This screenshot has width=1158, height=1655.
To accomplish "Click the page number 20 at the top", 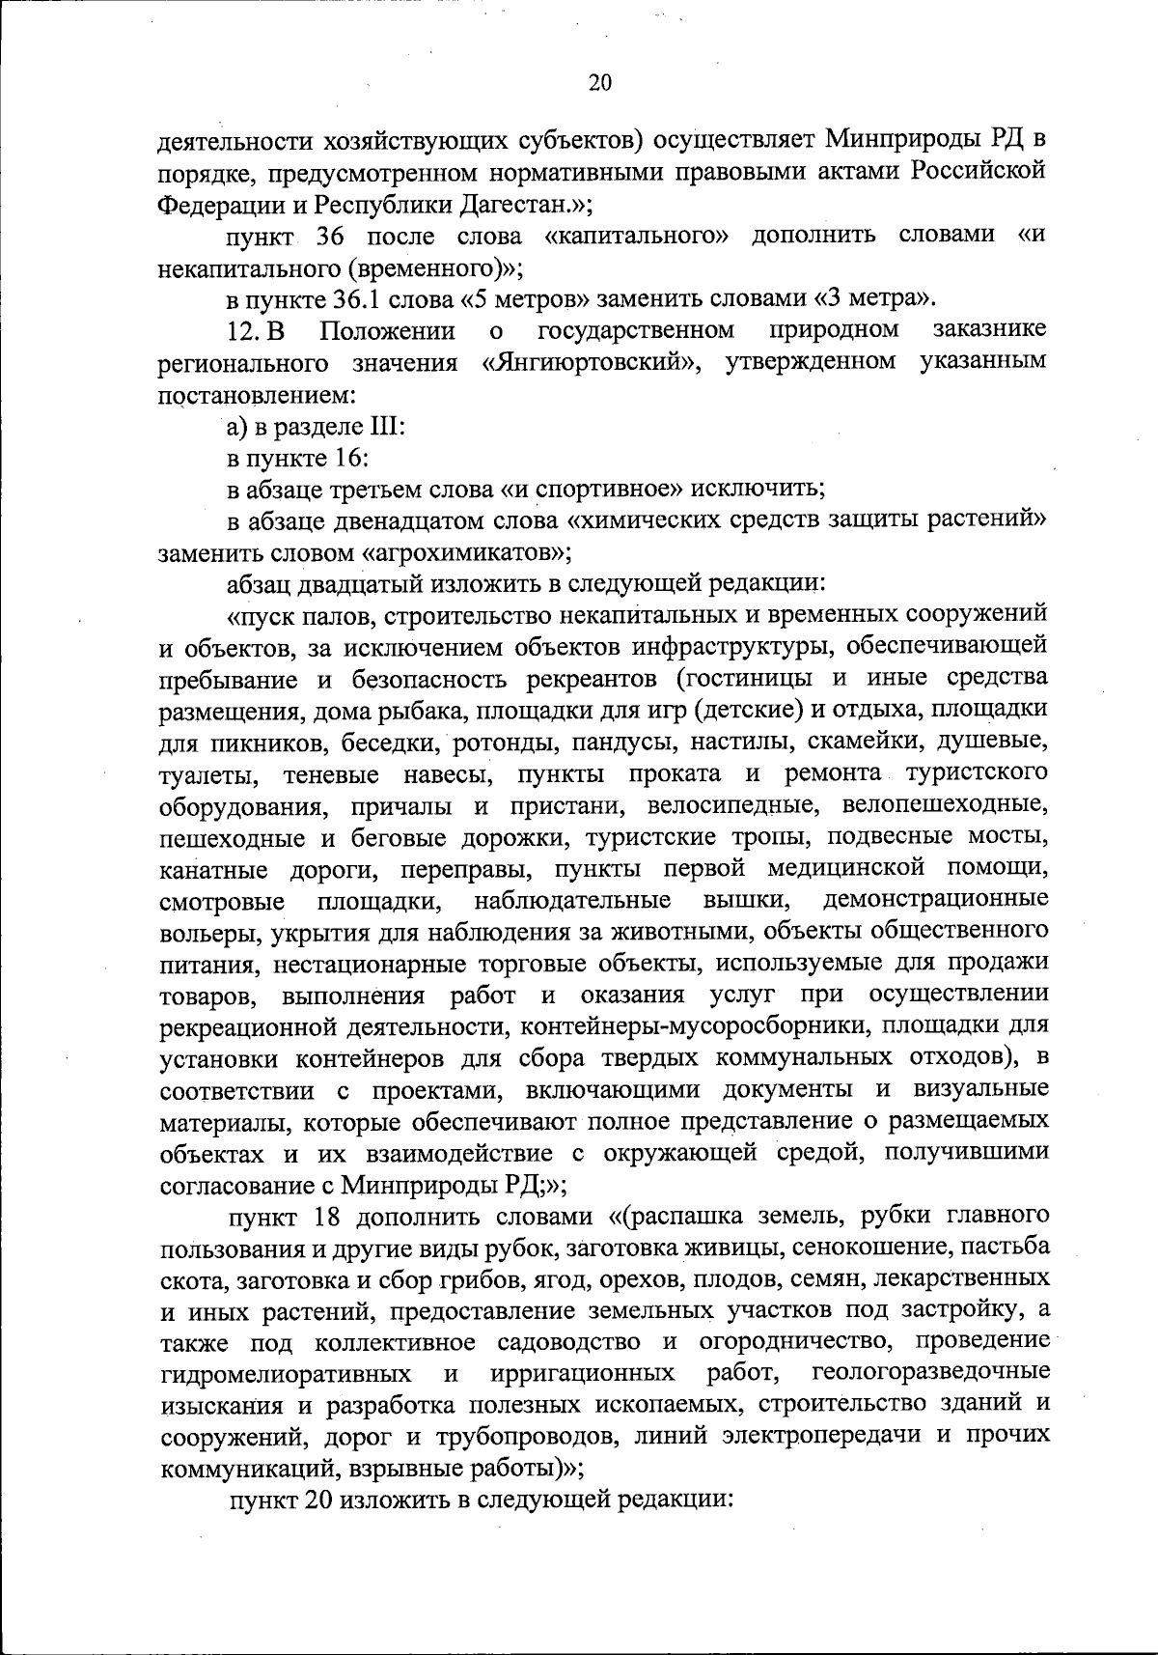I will pyautogui.click(x=599, y=82).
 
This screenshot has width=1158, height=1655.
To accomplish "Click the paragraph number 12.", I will pyautogui.click(x=244, y=331).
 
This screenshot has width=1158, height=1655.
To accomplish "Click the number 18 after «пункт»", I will pyautogui.click(x=331, y=1214).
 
